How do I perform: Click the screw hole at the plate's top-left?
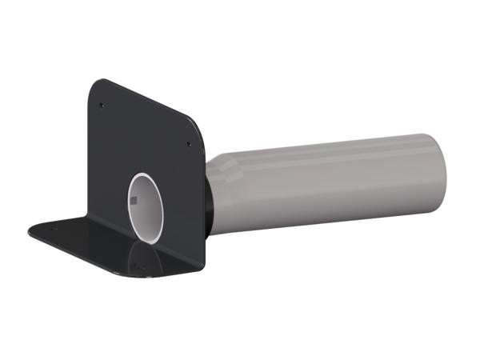point(102,104)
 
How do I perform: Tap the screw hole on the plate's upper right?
point(188,145)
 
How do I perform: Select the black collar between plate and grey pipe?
point(209,200)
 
